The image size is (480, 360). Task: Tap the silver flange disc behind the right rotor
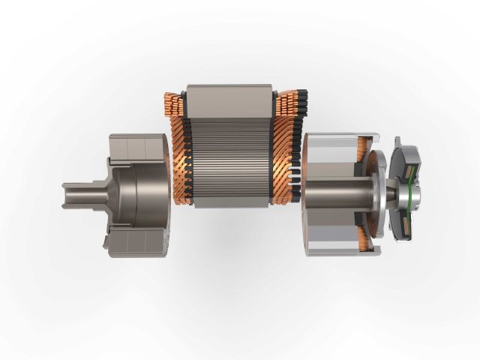click(x=379, y=196)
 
